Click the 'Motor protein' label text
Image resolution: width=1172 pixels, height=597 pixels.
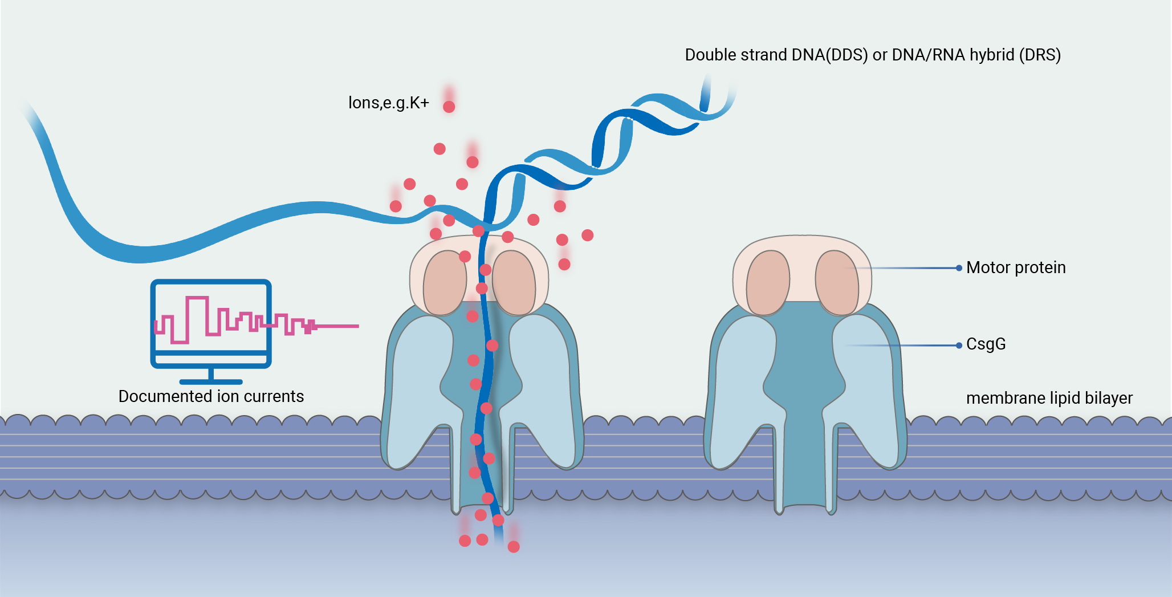1016,267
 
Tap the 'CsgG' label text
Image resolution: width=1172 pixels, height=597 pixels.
986,344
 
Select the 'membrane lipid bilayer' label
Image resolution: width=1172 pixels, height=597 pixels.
1049,398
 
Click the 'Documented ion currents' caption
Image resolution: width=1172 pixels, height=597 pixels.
211,396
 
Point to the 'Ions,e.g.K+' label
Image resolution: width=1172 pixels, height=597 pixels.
388,103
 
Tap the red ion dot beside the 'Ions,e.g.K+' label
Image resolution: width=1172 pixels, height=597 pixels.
449,107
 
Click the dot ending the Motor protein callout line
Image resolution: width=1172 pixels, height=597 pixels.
959,268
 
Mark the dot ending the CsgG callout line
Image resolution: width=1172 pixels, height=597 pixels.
959,346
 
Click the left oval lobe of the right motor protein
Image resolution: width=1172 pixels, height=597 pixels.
768,283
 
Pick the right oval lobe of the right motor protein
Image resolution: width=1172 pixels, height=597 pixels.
837,283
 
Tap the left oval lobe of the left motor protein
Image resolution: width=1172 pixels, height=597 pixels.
445,283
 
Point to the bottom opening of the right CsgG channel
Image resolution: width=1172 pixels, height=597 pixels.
805,506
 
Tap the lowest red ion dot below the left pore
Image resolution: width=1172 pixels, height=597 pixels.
514,547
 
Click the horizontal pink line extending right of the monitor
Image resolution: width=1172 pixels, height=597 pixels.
336,326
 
